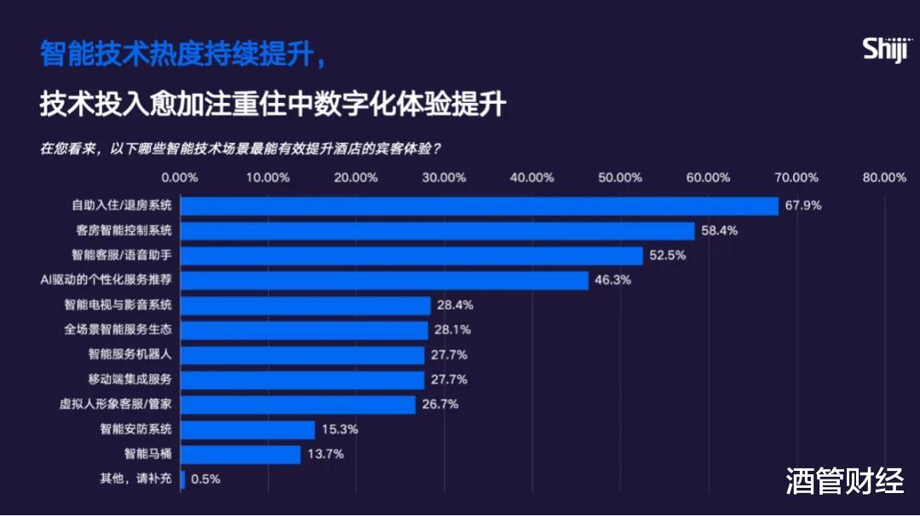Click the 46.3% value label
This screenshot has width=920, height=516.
tap(613, 280)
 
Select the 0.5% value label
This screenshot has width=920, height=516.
tap(205, 479)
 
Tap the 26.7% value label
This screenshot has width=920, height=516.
tap(440, 404)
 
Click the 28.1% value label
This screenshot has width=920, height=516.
tap(453, 330)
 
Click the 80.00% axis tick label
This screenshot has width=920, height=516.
tap(884, 177)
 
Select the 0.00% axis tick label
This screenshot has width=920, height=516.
tap(180, 177)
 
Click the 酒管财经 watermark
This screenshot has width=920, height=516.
tap(844, 482)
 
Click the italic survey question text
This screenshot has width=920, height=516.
tap(240, 147)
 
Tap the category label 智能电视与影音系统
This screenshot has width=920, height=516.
tap(118, 305)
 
